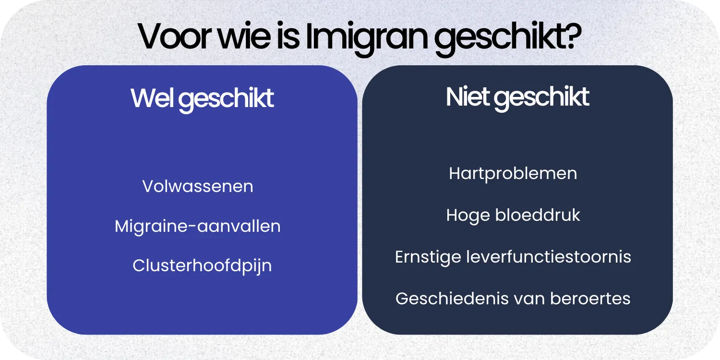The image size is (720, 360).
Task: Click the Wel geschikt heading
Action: click(x=202, y=98)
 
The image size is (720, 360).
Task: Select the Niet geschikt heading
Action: click(x=517, y=97)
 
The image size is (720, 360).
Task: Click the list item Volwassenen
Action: click(x=198, y=186)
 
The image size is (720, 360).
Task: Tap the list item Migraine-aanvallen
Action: click(x=198, y=226)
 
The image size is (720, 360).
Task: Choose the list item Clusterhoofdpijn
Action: click(x=202, y=265)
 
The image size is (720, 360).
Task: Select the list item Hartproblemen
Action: click(x=513, y=173)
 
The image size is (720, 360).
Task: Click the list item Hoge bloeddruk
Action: click(x=513, y=215)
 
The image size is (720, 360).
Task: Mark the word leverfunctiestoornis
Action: click(x=549, y=257)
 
